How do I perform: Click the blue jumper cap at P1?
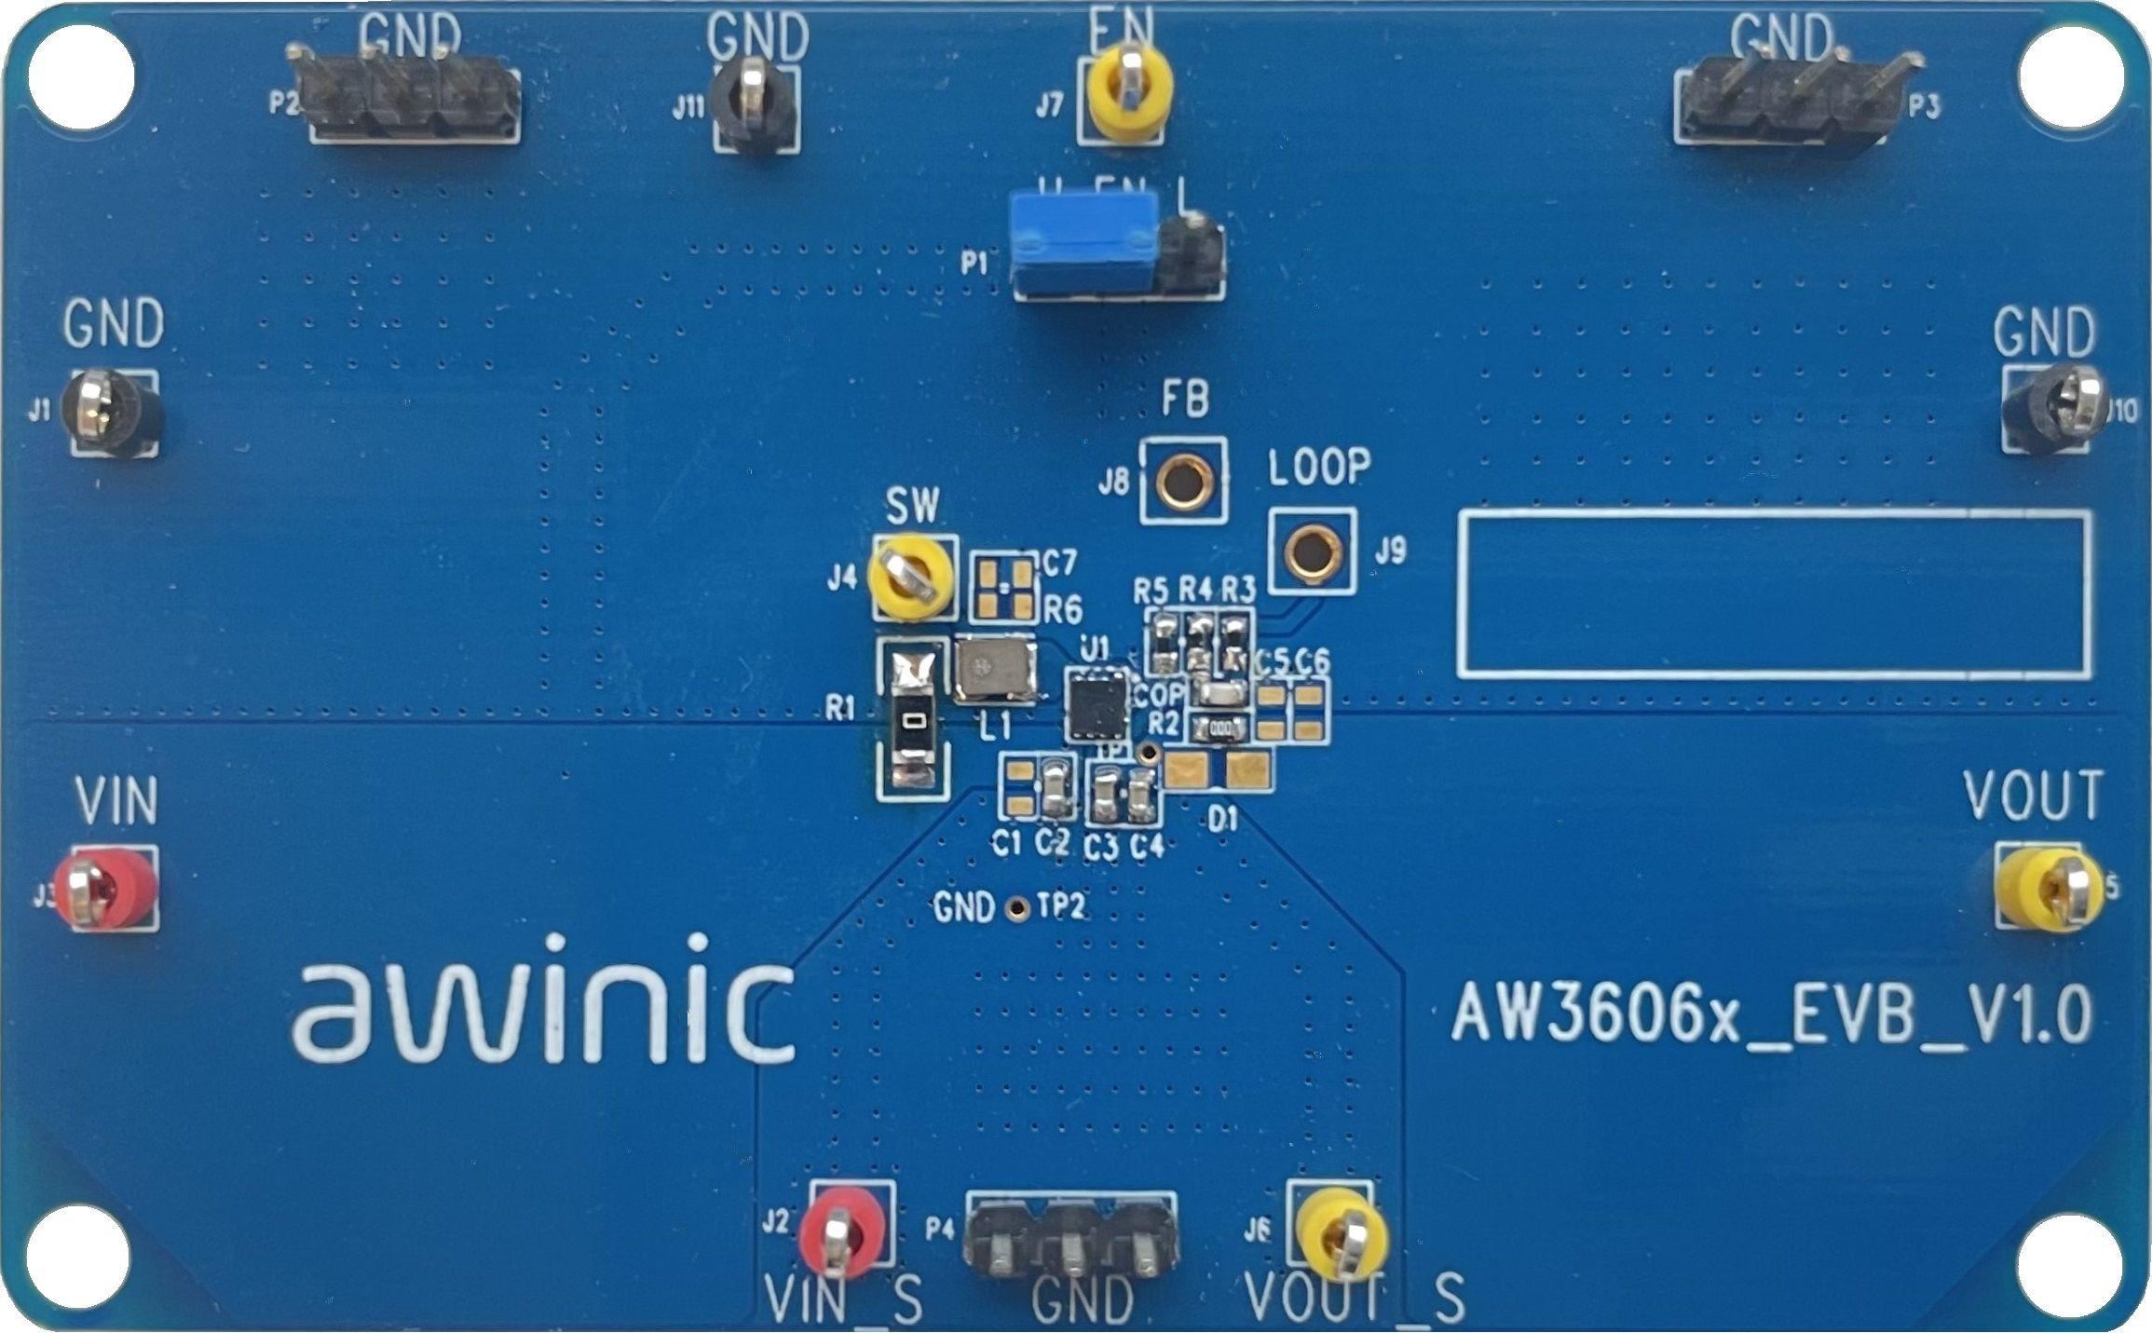[x=1083, y=244]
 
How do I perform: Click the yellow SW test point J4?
[x=908, y=577]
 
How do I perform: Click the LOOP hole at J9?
[x=1312, y=551]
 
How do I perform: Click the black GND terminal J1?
[x=110, y=415]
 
